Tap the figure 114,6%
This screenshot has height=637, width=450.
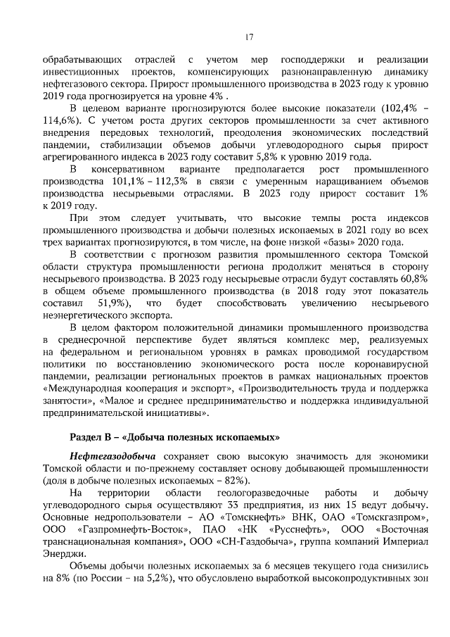click(x=60, y=120)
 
